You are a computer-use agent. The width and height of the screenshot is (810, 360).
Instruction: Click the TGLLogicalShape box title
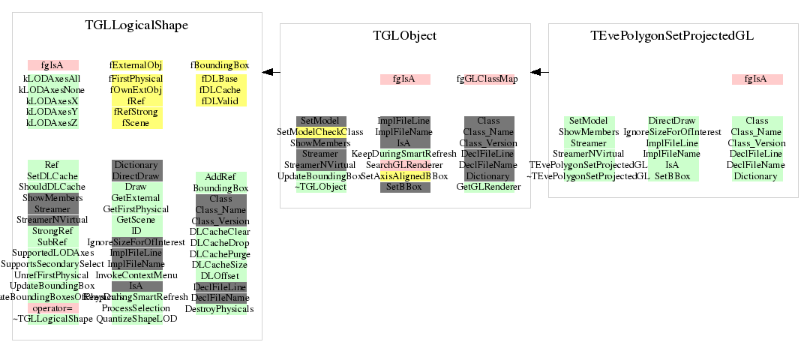[136, 25]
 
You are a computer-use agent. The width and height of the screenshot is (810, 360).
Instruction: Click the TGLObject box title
[405, 35]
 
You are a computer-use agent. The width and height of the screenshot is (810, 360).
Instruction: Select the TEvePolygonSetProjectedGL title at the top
[672, 35]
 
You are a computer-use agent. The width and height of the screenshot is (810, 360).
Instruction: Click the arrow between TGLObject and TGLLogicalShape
[271, 72]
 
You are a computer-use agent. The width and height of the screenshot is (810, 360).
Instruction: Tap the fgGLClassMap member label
[487, 79]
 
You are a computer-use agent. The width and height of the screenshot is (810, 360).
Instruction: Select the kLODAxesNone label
[52, 89]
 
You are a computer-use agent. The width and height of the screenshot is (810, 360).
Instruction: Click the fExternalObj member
[136, 65]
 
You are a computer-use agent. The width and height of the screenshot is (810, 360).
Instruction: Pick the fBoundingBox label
[220, 65]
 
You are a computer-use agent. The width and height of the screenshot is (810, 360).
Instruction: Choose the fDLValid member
[220, 100]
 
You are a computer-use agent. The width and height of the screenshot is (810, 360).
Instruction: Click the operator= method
[52, 308]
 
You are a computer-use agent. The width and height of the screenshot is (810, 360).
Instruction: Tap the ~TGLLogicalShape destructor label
[52, 319]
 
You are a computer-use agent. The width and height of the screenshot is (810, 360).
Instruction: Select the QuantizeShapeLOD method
[136, 319]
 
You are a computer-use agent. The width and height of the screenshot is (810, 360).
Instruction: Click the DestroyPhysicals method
[220, 308]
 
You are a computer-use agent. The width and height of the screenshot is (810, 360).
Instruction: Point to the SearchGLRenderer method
[404, 164]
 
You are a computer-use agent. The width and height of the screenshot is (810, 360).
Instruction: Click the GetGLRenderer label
[488, 187]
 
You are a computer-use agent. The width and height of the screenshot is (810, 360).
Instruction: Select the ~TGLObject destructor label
[320, 187]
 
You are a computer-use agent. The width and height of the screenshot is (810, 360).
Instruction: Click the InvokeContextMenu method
[136, 275]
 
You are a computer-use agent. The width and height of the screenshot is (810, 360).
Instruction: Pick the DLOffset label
[220, 275]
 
